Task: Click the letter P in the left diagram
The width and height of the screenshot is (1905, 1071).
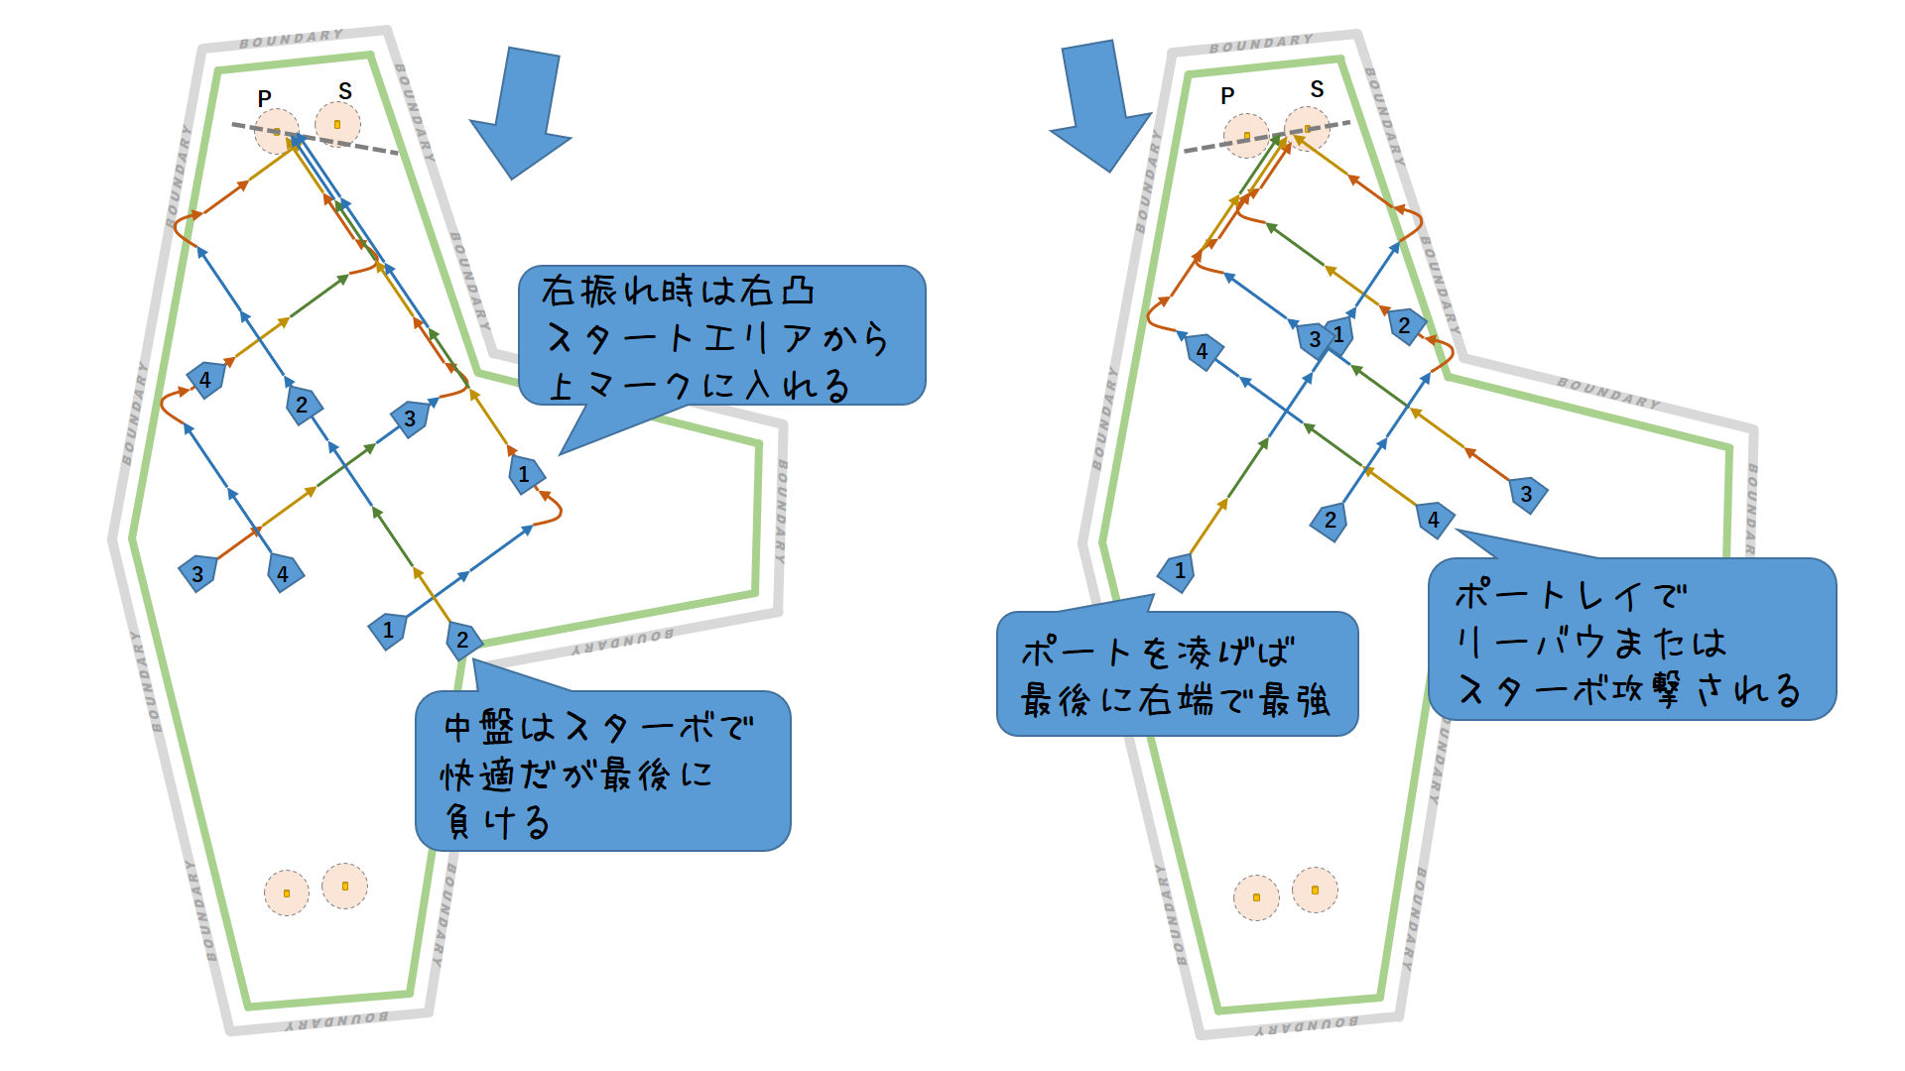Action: [x=264, y=99]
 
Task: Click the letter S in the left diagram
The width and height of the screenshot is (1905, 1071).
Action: [x=345, y=91]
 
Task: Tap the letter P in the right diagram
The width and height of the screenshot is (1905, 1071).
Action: [x=1227, y=96]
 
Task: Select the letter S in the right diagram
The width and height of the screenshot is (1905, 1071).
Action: [x=1317, y=89]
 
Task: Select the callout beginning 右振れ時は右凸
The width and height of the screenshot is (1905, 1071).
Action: [x=721, y=336]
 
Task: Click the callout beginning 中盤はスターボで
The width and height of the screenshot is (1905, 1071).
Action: [x=602, y=771]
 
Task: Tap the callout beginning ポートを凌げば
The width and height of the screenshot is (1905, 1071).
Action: [x=1177, y=674]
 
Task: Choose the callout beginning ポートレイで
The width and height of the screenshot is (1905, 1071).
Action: [x=1632, y=640]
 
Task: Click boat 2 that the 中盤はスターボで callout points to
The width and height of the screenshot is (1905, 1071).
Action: [x=462, y=640]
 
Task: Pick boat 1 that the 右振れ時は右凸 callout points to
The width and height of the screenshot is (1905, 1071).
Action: [x=524, y=474]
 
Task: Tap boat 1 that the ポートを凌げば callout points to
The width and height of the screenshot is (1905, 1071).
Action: [x=1178, y=571]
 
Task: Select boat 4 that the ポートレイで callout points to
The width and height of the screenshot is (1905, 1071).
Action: [x=1434, y=519]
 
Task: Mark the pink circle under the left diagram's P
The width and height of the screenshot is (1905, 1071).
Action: [x=276, y=132]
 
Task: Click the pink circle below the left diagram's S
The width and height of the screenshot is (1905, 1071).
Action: [x=337, y=125]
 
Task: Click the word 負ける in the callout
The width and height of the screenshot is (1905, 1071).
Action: [x=496, y=822]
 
